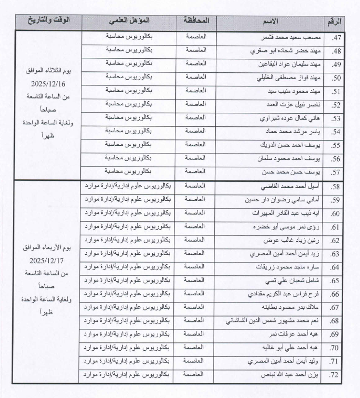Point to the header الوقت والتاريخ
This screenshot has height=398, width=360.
point(48,20)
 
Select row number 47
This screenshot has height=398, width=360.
point(336,37)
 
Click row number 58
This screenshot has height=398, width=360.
point(336,186)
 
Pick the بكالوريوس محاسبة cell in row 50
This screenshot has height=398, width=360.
point(127,77)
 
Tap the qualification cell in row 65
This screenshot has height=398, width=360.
point(127,280)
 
